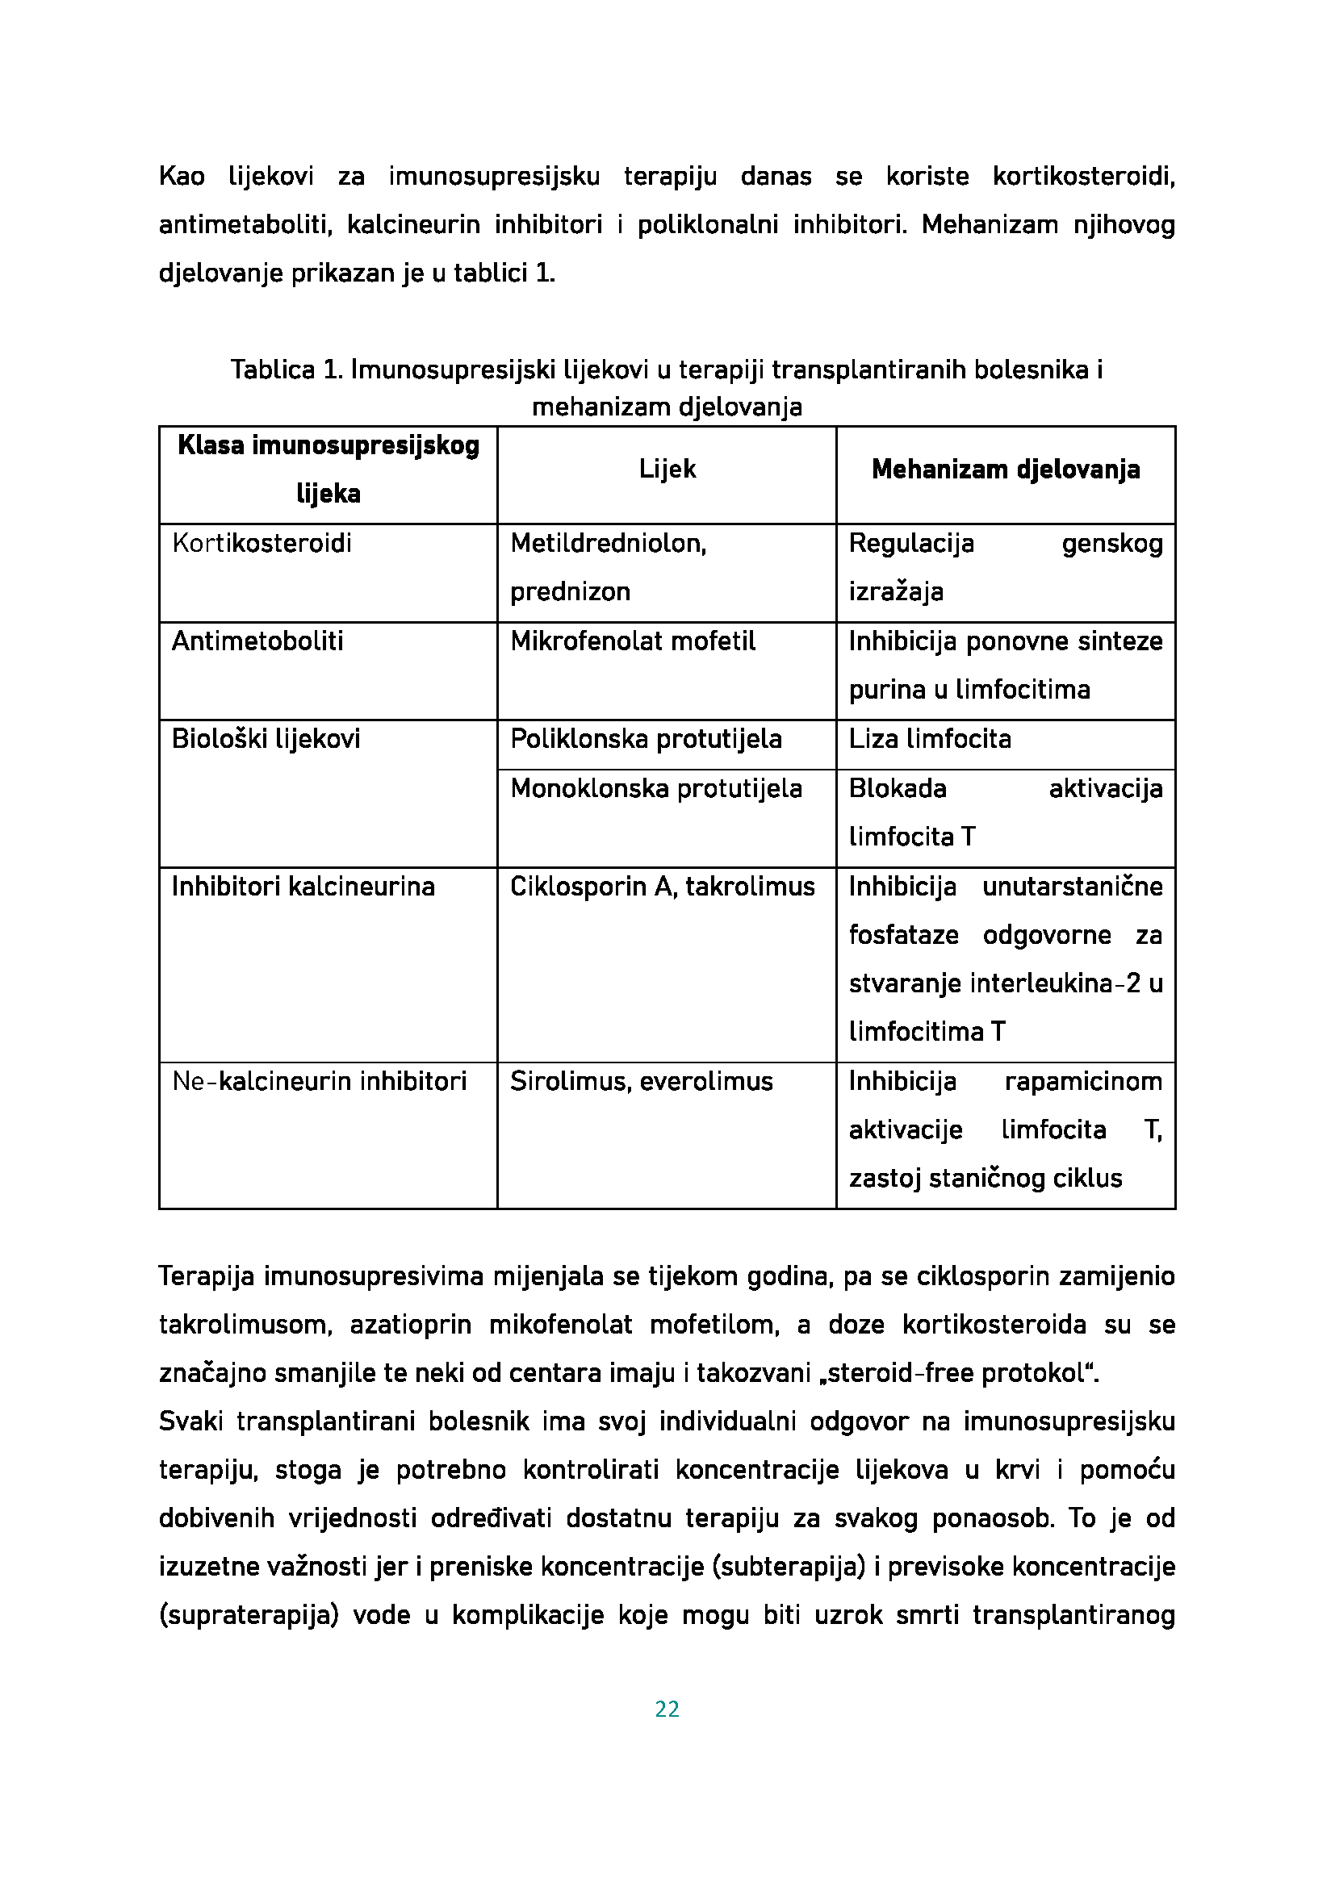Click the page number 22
coord(667,1709)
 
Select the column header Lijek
coord(667,470)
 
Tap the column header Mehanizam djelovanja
coord(1006,470)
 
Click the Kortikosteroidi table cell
coord(262,543)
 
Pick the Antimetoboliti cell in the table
coord(257,641)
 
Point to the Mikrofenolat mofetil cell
coord(632,641)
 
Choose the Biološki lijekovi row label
coord(266,739)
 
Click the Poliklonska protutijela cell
coord(646,739)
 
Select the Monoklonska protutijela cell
coord(656,788)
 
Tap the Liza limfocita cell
coord(930,739)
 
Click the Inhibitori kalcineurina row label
coord(303,886)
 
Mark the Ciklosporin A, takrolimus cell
coord(663,886)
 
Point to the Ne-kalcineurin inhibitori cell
coord(319,1081)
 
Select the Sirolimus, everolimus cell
coord(641,1081)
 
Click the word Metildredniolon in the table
coord(608,543)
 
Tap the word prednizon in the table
coord(570,591)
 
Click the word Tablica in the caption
coord(272,369)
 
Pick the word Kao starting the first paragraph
coord(182,177)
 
